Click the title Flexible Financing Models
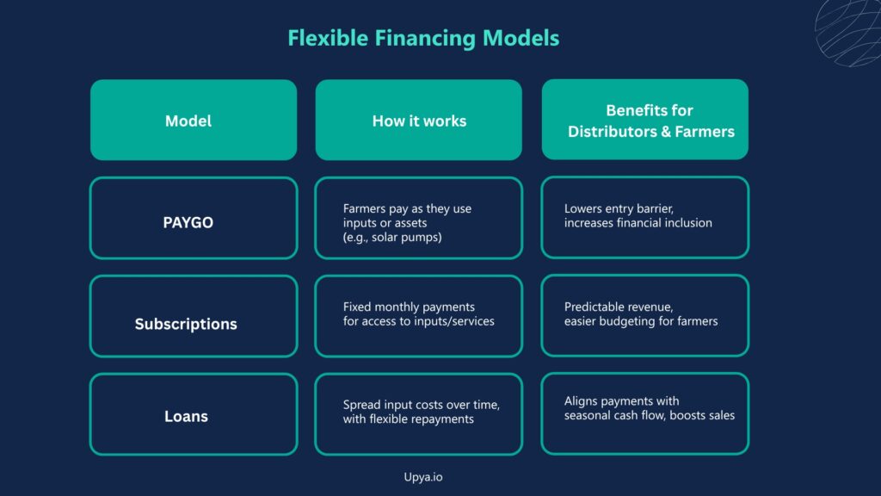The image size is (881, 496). click(423, 38)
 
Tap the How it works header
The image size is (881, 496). click(419, 120)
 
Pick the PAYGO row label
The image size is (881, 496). click(188, 223)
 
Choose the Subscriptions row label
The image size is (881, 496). click(186, 324)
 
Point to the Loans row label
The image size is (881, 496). click(186, 416)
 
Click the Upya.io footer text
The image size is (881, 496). click(423, 477)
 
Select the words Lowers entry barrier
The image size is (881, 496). click(619, 208)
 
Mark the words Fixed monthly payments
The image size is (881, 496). click(409, 307)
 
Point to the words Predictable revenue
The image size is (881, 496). click(619, 307)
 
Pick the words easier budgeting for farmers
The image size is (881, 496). click(641, 321)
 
